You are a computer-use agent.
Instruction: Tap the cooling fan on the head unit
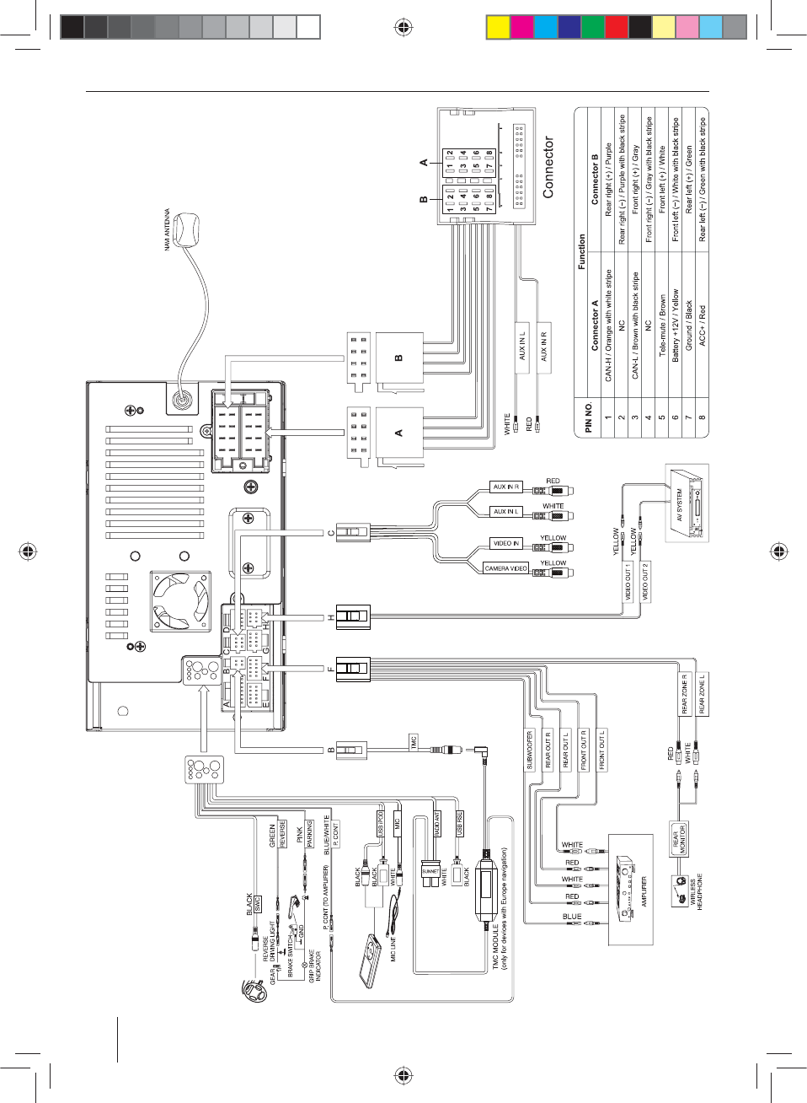pos(180,600)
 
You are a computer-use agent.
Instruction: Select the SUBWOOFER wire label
pos(530,750)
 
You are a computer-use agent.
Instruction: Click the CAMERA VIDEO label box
pos(506,568)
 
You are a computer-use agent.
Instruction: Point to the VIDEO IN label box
pos(506,543)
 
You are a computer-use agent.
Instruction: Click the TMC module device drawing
pos(486,890)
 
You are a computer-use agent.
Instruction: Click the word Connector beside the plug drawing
pos(548,168)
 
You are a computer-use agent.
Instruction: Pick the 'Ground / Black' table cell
pos(689,325)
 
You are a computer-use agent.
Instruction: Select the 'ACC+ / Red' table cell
pos(703,325)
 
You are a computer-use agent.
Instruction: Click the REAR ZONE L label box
pos(702,693)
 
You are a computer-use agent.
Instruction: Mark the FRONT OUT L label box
pos(601,750)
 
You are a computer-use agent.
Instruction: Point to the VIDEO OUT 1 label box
pos(628,582)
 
